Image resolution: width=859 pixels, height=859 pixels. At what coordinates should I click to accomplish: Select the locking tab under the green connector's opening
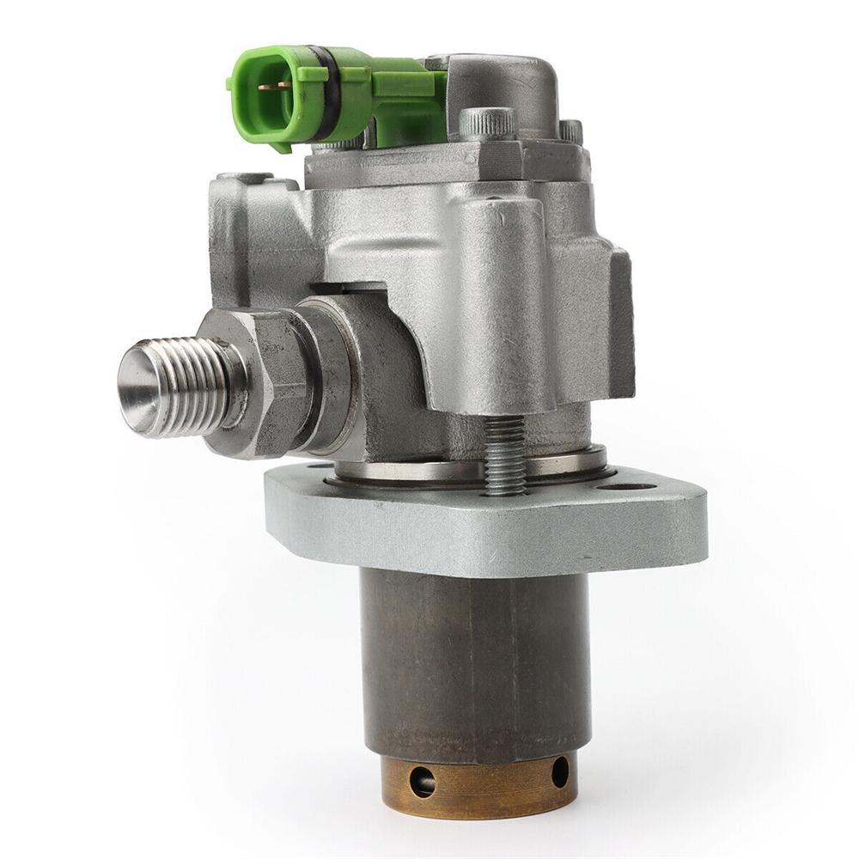(280, 143)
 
